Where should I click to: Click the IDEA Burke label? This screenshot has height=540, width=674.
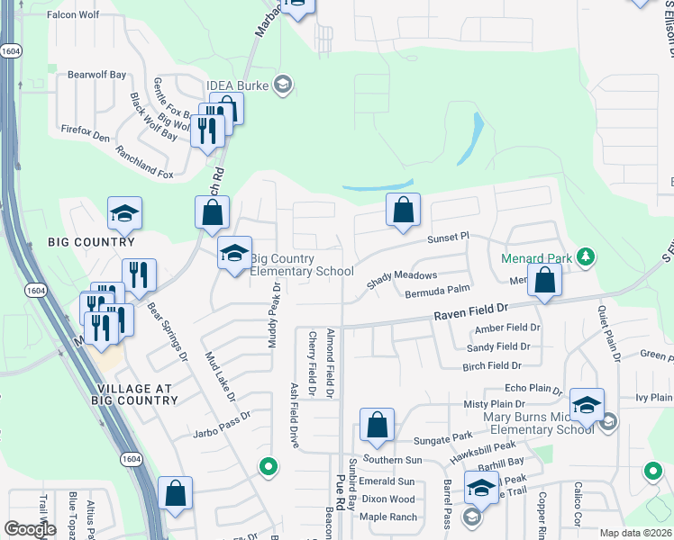point(238,85)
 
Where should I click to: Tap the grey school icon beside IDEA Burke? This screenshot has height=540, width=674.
point(283,85)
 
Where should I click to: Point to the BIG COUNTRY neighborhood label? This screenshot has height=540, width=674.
point(92,242)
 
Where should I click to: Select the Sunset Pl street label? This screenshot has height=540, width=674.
point(448,237)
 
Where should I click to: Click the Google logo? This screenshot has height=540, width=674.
point(31,529)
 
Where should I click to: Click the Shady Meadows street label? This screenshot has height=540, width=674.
point(401,280)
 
